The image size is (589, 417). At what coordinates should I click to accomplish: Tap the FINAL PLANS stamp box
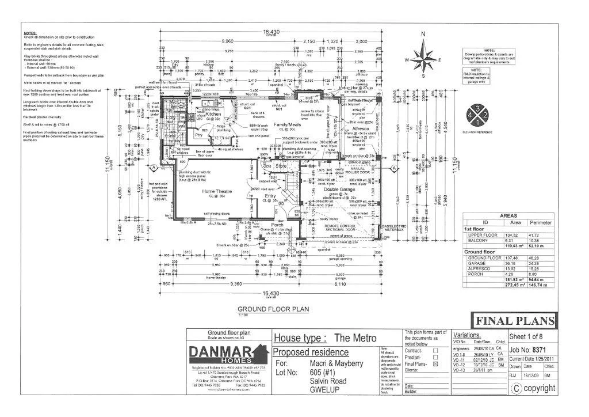[514, 321]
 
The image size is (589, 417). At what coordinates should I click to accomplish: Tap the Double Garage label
[338, 188]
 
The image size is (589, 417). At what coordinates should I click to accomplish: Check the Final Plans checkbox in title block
[435, 364]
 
